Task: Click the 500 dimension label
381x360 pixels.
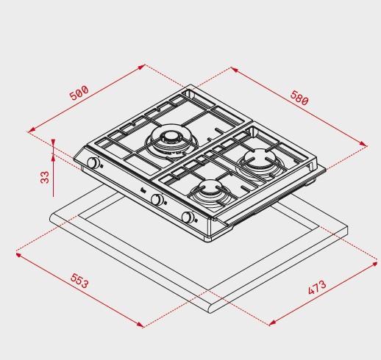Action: (79, 93)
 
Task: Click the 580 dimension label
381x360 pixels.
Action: (299, 98)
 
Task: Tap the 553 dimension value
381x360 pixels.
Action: (79, 281)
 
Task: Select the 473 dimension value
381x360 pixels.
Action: (317, 287)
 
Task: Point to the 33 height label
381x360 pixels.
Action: (45, 177)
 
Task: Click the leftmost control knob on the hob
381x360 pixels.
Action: (93, 162)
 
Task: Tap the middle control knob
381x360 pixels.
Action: (157, 199)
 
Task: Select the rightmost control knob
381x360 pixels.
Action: (188, 217)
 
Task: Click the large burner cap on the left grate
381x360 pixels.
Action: (170, 137)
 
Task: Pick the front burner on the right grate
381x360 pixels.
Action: (210, 190)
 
